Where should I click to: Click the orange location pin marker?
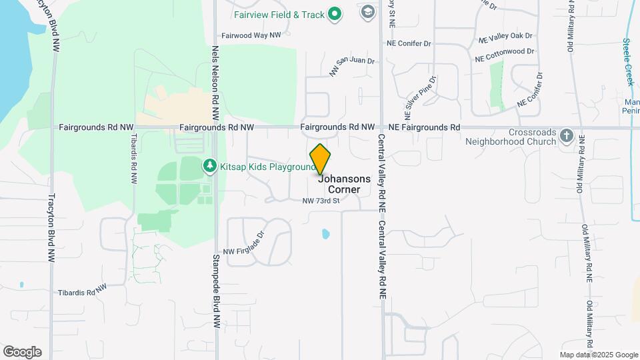320,159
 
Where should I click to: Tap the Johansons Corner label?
343,184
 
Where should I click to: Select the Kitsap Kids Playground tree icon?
210,165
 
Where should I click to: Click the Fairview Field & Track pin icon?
336,13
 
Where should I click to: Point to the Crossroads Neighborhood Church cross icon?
566,135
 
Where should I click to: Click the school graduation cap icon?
367,12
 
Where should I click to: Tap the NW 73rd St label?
321,201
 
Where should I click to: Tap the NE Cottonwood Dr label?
505,55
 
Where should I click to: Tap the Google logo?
22,352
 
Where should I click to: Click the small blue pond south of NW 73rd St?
325,234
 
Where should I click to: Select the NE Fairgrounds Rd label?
424,127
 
